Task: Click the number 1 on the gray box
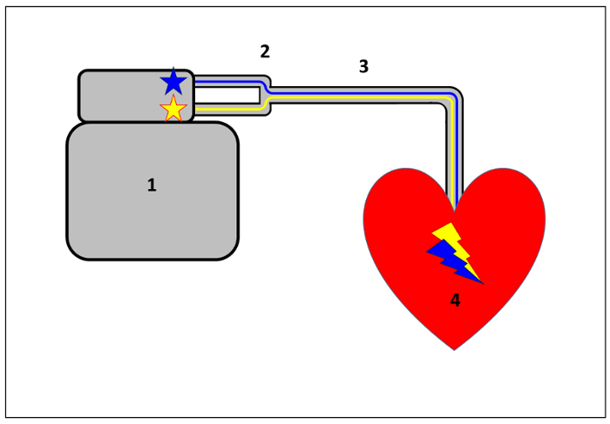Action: coord(152,185)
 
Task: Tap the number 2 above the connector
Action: coord(265,51)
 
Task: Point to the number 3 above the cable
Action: coord(364,66)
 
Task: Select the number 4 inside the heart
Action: coord(455,300)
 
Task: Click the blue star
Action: coord(173,83)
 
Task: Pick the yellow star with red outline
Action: coord(173,110)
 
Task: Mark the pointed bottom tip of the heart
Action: coord(454,348)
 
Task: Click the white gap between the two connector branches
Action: coord(228,95)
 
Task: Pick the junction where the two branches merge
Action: coord(268,95)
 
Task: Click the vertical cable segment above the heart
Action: coord(454,157)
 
